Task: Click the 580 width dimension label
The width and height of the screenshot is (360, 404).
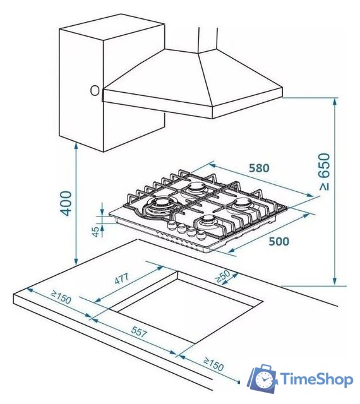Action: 259,168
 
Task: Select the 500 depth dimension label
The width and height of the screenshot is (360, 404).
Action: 279,241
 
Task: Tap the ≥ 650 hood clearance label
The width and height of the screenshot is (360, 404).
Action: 325,172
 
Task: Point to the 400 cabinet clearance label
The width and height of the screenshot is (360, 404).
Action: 65,203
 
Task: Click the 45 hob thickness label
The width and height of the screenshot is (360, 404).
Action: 95,232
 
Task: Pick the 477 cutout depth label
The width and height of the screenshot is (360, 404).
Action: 121,279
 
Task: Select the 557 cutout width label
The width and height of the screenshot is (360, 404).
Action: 139,331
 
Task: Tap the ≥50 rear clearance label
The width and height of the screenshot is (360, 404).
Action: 222,276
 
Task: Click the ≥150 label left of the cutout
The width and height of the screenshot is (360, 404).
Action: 61,297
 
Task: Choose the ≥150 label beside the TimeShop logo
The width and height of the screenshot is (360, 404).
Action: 213,364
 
